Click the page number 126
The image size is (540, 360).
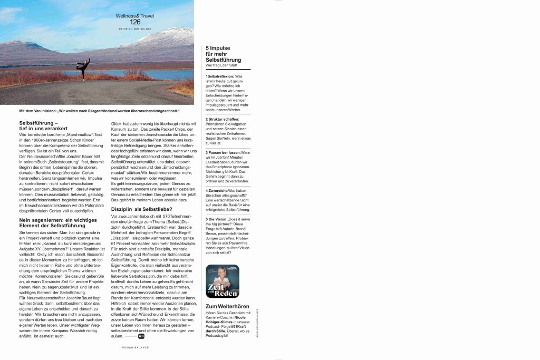[x=135, y=22]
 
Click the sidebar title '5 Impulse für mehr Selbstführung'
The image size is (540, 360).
[x=224, y=54]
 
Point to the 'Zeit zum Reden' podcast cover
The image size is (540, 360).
[x=223, y=281]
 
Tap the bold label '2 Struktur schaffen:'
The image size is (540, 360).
[x=223, y=119]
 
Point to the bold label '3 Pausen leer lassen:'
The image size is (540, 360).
[x=223, y=152]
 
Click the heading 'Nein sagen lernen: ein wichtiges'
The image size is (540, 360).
[x=58, y=219]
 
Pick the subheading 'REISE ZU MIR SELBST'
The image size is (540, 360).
[x=135, y=28]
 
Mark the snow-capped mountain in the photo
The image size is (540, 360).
[x=169, y=37]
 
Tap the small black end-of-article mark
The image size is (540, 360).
[x=141, y=336]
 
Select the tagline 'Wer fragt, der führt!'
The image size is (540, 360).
[x=221, y=65]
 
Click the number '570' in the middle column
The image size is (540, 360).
[x=168, y=217]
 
